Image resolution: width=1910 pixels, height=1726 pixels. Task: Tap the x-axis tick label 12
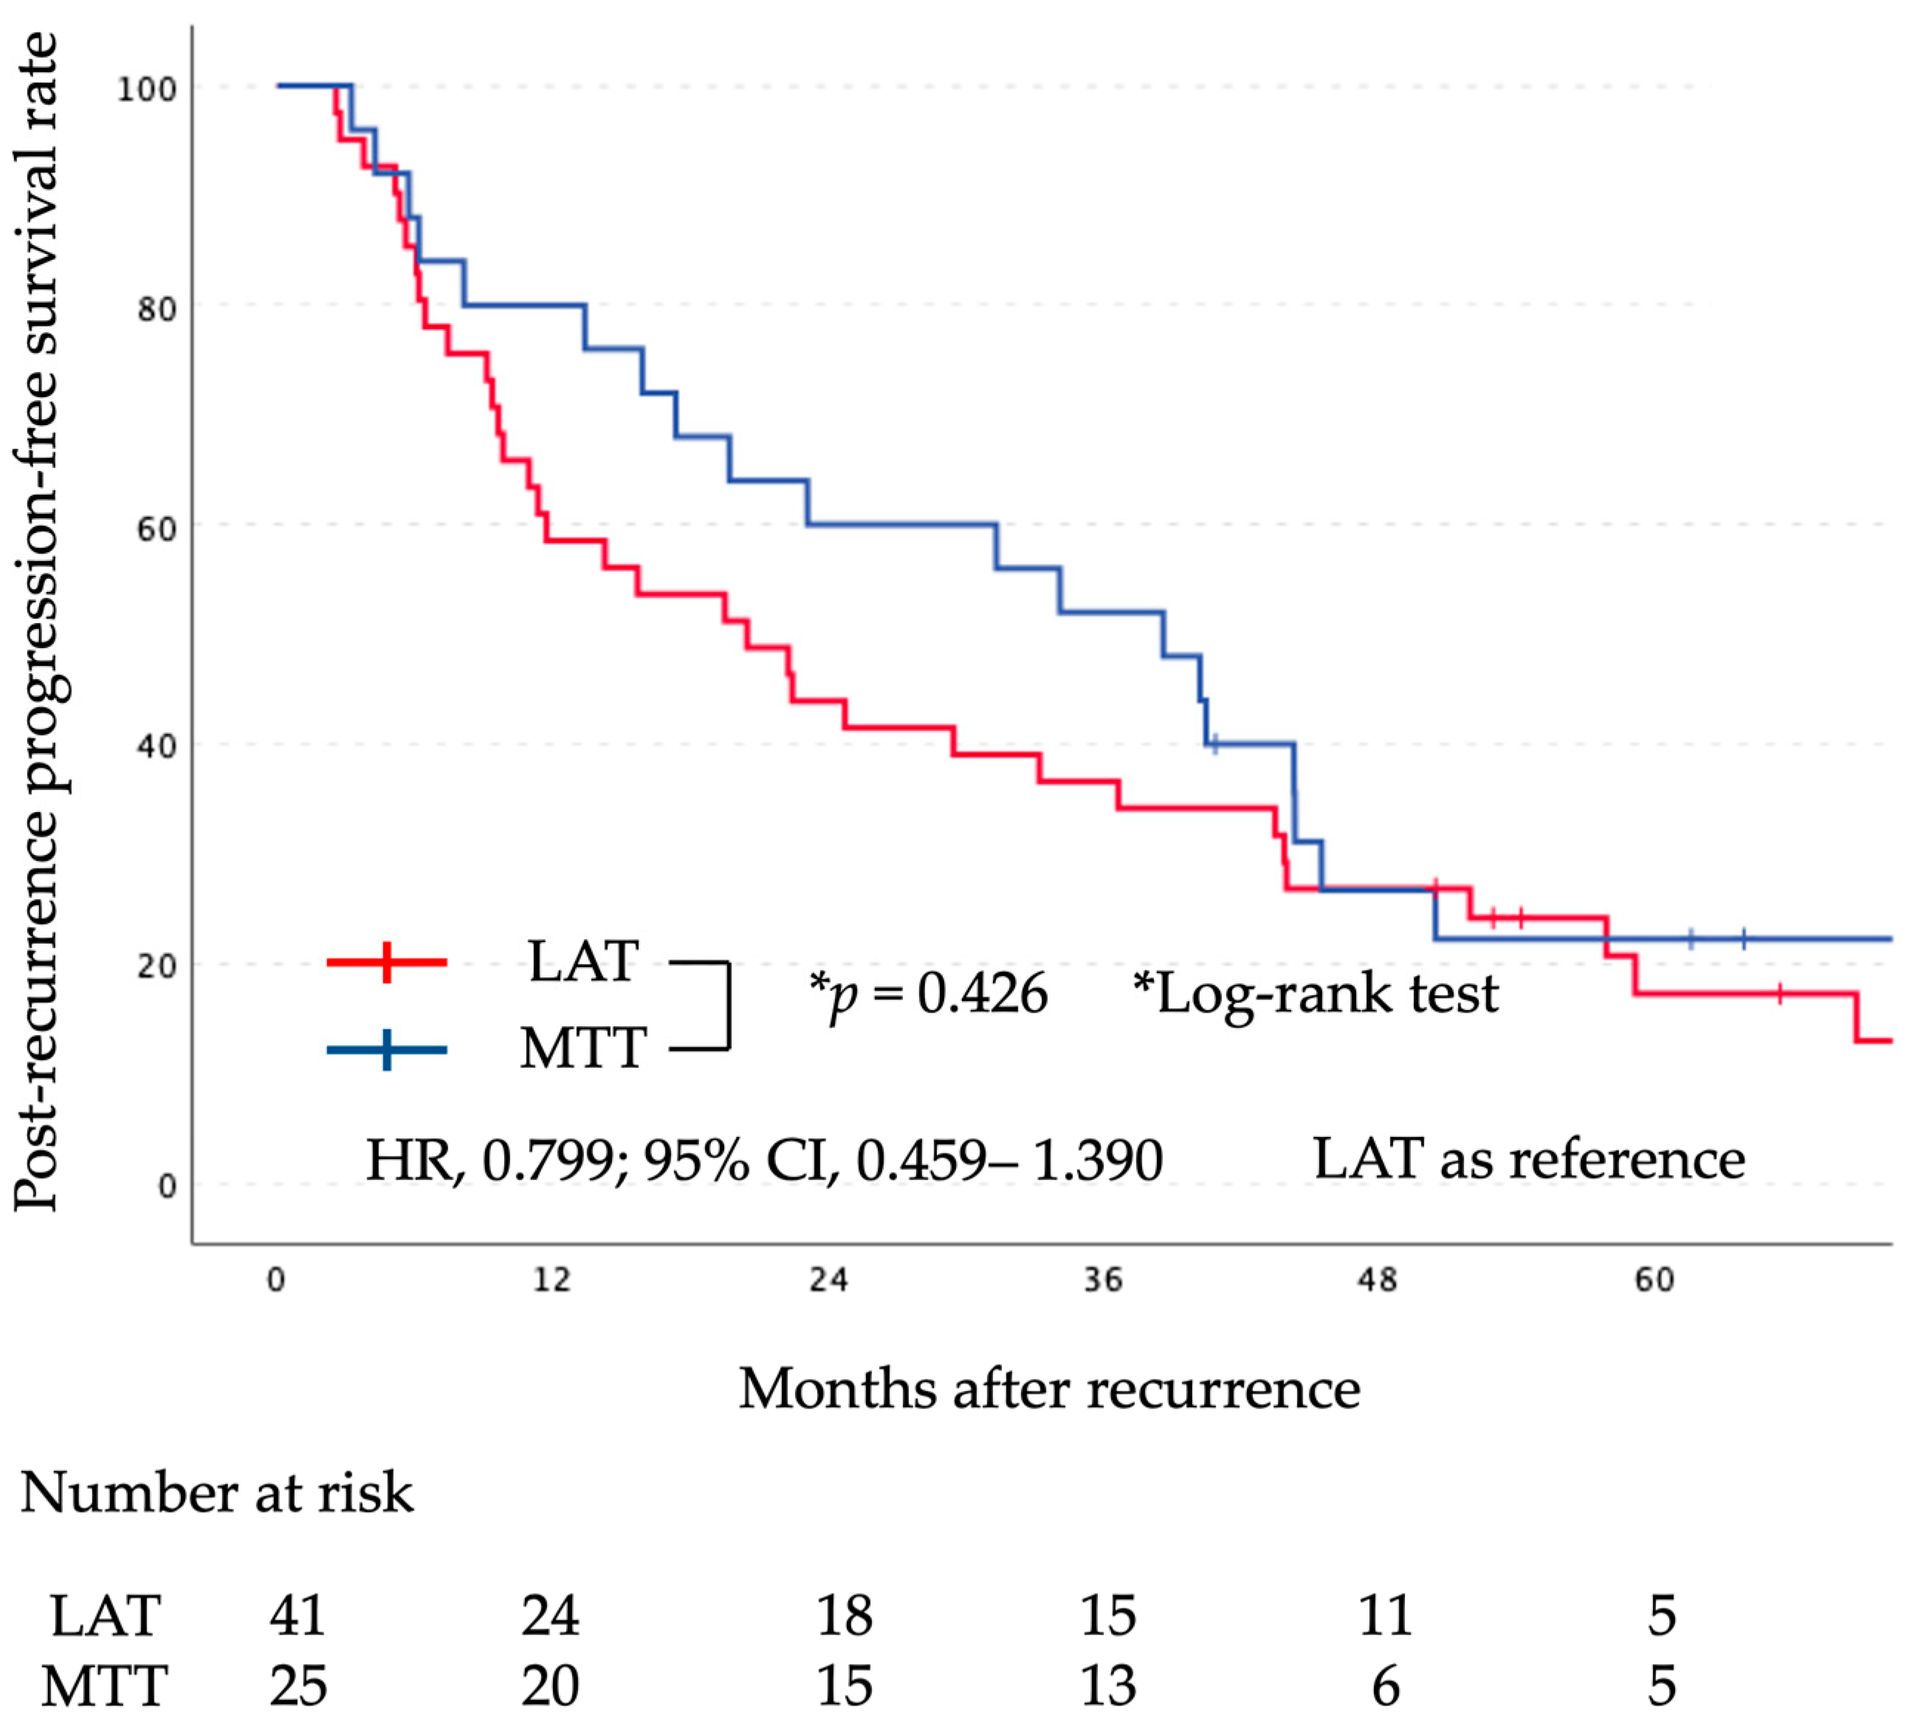(x=552, y=1280)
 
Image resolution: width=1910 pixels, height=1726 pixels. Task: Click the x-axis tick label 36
(x=1103, y=1280)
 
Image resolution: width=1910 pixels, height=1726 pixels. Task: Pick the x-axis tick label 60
(x=1655, y=1280)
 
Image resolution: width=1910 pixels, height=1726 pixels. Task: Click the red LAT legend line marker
(x=387, y=963)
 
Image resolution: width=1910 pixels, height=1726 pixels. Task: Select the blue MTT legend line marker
(x=387, y=1050)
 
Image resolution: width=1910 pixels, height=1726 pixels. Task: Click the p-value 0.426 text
(x=981, y=994)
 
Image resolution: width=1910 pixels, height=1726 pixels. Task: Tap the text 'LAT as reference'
(x=1528, y=1158)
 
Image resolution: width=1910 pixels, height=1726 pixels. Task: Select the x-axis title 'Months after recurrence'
(x=1049, y=1389)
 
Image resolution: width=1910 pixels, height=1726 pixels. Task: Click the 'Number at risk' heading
(x=217, y=1494)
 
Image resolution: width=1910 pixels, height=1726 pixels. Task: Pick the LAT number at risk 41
(x=298, y=1615)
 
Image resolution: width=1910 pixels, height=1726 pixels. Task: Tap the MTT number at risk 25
(x=298, y=1686)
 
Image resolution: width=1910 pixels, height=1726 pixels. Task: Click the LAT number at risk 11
(x=1385, y=1615)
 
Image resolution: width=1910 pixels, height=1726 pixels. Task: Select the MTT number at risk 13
(x=1107, y=1686)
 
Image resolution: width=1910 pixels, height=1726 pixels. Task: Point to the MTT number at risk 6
(x=1385, y=1686)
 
